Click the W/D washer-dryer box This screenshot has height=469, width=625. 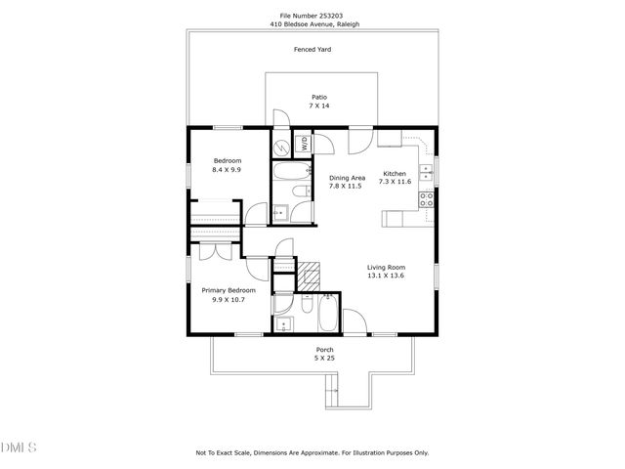coord(304,143)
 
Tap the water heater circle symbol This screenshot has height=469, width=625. coord(281,148)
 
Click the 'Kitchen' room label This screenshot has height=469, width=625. coord(394,173)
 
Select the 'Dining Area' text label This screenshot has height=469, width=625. coord(346,177)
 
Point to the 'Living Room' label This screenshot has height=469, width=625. coord(386,267)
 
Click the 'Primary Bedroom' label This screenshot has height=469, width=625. coord(229,290)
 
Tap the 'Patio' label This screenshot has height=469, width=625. coord(319,97)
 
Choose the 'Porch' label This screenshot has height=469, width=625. coord(324,350)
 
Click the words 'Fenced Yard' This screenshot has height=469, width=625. coord(312,48)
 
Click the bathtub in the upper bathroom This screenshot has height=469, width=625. coord(292,176)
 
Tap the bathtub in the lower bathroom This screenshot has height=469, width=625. coord(327,315)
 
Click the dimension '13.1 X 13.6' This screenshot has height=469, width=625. coord(386,276)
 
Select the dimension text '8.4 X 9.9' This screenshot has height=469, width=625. coord(227,170)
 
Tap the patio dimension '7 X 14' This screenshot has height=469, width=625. coord(319,106)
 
